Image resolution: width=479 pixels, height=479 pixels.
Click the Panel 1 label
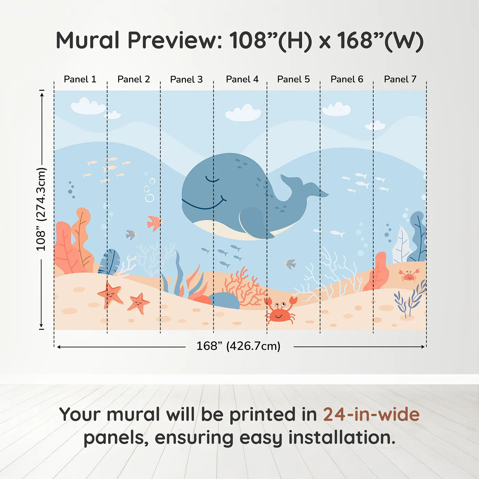[x=80, y=79]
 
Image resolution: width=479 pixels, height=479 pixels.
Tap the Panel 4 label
[x=242, y=79]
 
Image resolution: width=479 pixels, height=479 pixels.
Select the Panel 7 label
[x=400, y=79]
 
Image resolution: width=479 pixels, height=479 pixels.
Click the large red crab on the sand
[x=280, y=311]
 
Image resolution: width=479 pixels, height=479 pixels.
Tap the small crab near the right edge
[x=409, y=275]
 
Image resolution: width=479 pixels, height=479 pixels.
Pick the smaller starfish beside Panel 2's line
[x=139, y=303]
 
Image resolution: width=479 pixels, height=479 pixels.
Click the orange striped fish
[x=154, y=223]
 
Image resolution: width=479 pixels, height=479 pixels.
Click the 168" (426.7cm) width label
[x=238, y=346]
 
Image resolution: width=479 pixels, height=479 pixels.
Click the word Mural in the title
[x=88, y=40]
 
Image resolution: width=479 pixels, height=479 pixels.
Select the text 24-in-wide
[x=371, y=414]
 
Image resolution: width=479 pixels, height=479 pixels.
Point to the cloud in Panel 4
[x=243, y=114]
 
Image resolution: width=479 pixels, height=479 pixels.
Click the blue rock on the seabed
[x=224, y=300]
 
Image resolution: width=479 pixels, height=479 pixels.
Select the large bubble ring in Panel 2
[x=150, y=198]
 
